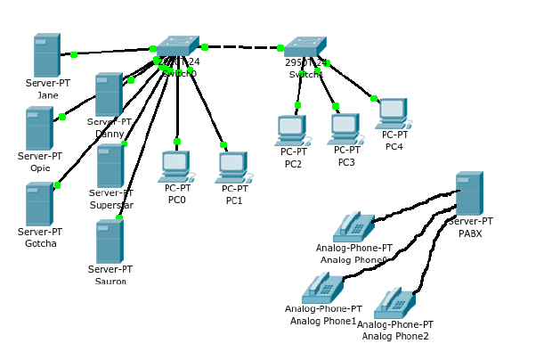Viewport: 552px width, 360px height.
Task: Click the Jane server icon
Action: pyautogui.click(x=46, y=56)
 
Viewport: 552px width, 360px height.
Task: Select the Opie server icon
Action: pyautogui.click(x=39, y=129)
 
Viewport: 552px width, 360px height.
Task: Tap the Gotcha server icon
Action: pyautogui.click(x=39, y=205)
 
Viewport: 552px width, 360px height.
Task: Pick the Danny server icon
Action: pyautogui.click(x=109, y=95)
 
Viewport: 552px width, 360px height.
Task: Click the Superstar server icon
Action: pyautogui.click(x=110, y=167)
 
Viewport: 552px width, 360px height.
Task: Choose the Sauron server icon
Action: pyautogui.click(x=109, y=242)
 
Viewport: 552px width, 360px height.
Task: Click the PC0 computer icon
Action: pyautogui.click(x=176, y=166)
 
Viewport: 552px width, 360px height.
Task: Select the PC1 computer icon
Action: pyautogui.click(x=232, y=167)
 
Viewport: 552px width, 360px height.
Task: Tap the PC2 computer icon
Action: pyautogui.click(x=292, y=130)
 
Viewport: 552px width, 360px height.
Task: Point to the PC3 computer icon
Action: pyautogui.click(x=345, y=129)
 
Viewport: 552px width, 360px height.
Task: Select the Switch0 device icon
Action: pyautogui.click(x=177, y=46)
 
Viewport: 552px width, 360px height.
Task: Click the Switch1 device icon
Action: pyautogui.click(x=305, y=47)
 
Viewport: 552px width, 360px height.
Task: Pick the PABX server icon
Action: pyautogui.click(x=468, y=194)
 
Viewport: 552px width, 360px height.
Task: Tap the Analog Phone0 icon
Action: pyautogui.click(x=353, y=228)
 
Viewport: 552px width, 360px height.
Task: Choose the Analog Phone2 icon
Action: pyautogui.click(x=394, y=304)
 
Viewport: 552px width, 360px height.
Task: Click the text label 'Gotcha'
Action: pyautogui.click(x=41, y=243)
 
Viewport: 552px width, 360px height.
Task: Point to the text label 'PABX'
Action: pyautogui.click(x=470, y=233)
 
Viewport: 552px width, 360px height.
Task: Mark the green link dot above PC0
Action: pyautogui.click(x=177, y=142)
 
